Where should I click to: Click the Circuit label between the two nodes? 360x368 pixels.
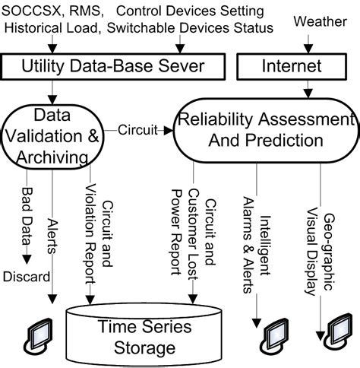click(x=137, y=130)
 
